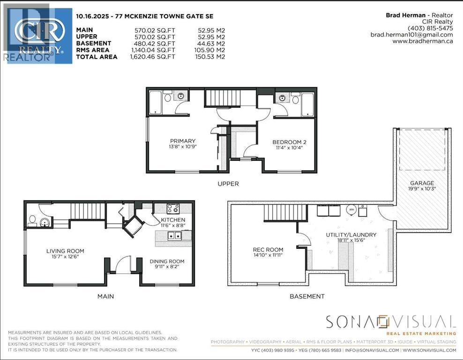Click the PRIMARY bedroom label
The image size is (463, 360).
pos(183,141)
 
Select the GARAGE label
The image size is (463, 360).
pos(422,183)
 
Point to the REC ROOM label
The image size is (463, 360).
pos(268,250)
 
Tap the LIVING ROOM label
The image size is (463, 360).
pos(65,251)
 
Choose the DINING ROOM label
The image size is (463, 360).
pos(167,262)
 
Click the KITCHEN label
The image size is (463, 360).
pos(173,220)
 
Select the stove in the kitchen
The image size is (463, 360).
pos(172,208)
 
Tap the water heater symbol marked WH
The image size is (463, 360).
pos(351,210)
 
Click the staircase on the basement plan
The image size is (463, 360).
pos(280,213)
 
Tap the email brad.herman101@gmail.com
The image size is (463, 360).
pos(411,35)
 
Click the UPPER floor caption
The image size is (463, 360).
pos(228,184)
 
